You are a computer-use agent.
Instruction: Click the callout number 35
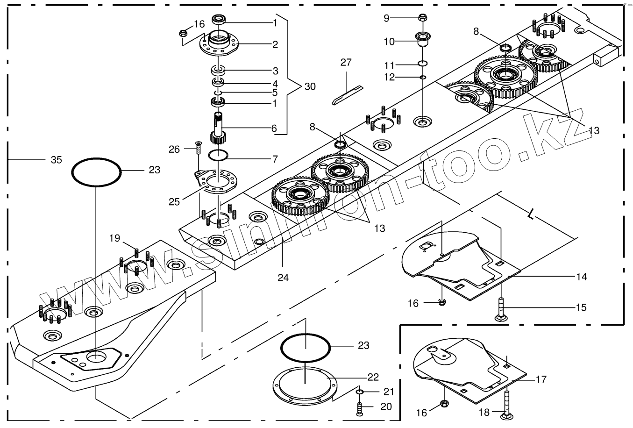point(56,160)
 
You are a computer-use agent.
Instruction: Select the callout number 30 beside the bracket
point(310,86)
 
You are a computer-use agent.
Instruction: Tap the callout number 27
point(346,63)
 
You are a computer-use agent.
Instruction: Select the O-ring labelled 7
point(218,156)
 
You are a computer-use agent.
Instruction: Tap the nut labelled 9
point(422,18)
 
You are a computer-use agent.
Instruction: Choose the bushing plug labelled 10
point(422,40)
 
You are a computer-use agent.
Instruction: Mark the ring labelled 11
point(422,64)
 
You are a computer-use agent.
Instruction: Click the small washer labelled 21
point(360,391)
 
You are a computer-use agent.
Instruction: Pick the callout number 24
point(283,278)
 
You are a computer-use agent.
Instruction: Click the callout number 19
point(115,238)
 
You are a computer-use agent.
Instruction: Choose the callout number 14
point(581,277)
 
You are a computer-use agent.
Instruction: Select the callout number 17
point(541,379)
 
